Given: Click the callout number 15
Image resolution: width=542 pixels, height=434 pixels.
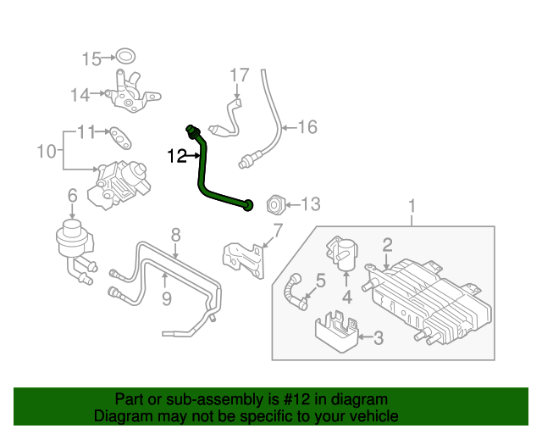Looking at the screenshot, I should pos(91,58).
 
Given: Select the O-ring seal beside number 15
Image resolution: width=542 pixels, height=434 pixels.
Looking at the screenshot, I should pos(125,58).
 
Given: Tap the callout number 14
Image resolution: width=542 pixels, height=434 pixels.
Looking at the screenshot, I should pos(80,95).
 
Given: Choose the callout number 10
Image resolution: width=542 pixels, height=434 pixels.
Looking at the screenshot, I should pos(47,153).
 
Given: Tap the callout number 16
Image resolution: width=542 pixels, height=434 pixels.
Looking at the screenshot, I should pos(307,127).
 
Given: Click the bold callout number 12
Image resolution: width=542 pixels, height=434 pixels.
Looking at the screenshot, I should pos(176,156).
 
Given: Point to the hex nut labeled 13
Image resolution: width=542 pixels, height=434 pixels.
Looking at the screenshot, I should pos(275,204).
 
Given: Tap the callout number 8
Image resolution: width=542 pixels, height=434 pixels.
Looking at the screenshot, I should pos(175,235).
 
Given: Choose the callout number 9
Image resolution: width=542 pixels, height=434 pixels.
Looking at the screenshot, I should pos(166,298).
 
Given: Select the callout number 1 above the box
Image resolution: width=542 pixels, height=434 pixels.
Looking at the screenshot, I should pos(412,206).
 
